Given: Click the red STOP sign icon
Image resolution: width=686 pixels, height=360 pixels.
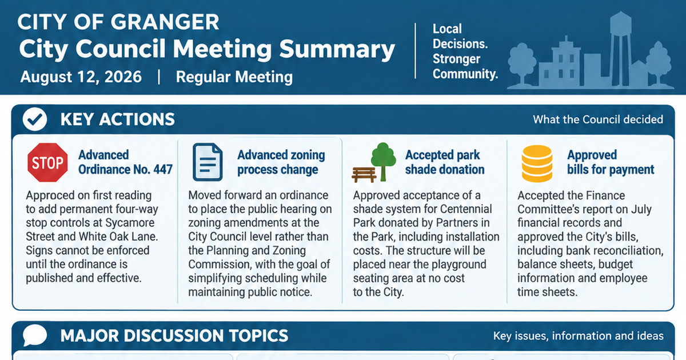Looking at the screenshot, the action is tap(47, 162).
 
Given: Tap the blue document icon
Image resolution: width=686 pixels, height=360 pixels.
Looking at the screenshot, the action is tap(208, 162).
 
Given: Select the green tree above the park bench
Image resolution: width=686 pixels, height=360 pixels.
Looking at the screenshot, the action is tap(383, 161).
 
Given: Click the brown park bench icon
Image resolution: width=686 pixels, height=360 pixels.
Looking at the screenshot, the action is tap(364, 175).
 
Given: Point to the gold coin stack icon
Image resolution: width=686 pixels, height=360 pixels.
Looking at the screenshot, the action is tap(537, 163).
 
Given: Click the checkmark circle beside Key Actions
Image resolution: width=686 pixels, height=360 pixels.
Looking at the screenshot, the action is tap(35, 119).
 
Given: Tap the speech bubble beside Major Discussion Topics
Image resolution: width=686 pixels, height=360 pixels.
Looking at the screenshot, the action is tap(35, 335).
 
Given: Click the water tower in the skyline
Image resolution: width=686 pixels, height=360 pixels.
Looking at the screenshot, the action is tap(620, 49).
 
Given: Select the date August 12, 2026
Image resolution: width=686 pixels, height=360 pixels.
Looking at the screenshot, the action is tap(81, 77).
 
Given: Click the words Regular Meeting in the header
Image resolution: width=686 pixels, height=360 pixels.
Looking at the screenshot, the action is tap(234, 77).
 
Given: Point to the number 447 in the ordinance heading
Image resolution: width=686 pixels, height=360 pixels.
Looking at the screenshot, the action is tap(163, 169).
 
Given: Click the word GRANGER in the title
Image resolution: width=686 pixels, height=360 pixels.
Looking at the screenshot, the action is tap(165, 22).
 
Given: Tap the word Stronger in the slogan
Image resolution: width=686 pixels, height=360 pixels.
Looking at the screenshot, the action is tap(456, 59).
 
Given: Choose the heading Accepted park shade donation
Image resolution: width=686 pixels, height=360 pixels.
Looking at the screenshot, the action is tap(445, 162).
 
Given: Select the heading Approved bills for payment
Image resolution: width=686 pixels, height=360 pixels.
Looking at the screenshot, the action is tap(611, 162).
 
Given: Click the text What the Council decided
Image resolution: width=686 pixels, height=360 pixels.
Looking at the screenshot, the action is tap(598, 119).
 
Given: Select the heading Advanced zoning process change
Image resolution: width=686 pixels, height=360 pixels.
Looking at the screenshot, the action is tap(281, 162).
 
